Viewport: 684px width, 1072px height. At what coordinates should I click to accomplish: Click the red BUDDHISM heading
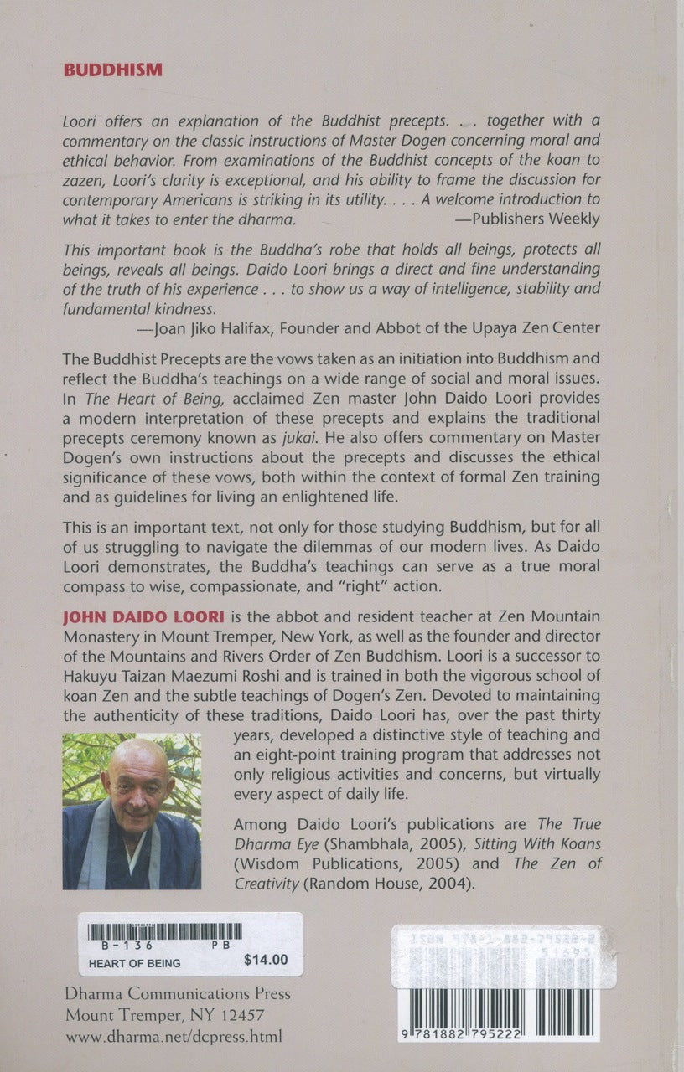pyautogui.click(x=112, y=70)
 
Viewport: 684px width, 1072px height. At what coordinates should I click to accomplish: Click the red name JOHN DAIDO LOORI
pyautogui.click(x=141, y=617)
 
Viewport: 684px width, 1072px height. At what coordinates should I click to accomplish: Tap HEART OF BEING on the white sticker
pyautogui.click(x=135, y=963)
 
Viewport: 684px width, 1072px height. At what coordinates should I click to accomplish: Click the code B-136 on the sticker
pyautogui.click(x=111, y=945)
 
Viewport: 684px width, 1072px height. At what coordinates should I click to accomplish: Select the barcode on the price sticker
pyautogui.click(x=165, y=930)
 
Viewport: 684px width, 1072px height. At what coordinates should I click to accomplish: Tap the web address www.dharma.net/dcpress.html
pyautogui.click(x=174, y=1036)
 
